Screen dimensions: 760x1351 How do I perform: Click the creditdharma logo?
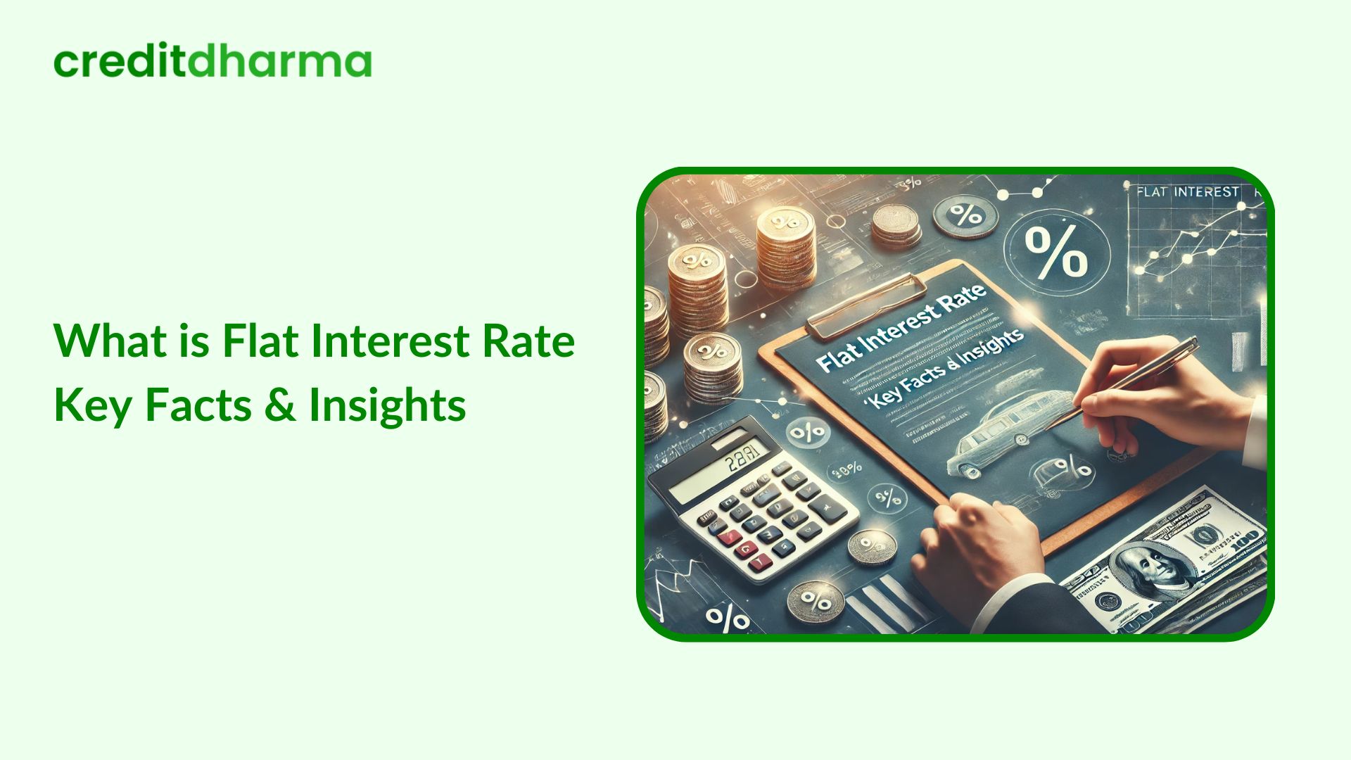click(x=212, y=62)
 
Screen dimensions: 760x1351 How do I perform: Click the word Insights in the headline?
click(x=387, y=406)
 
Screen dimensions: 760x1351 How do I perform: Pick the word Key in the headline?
click(x=92, y=406)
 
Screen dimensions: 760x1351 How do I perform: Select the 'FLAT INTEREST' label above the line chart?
click(x=1187, y=192)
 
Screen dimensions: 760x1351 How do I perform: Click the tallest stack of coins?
click(x=785, y=250)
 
